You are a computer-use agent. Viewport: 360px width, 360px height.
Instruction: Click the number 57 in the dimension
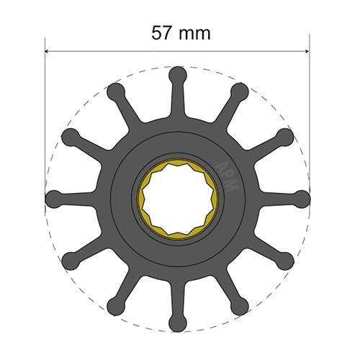coord(163,33)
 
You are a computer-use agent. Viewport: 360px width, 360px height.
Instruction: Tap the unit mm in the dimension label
coord(195,33)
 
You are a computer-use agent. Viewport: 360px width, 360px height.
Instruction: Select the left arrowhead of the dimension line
coord(50,52)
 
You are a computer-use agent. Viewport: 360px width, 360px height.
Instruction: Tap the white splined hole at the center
coord(177,197)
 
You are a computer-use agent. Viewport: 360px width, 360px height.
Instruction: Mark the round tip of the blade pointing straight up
coord(177,73)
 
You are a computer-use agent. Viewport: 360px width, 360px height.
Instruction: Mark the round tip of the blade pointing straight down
coord(177,322)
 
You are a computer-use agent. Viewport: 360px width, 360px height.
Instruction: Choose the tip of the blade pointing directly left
coord(53,197)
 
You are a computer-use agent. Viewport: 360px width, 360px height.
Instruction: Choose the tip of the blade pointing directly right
coord(302,197)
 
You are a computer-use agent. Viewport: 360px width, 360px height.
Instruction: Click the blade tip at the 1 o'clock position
coord(239,90)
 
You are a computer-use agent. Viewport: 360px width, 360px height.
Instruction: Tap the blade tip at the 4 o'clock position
coord(285,259)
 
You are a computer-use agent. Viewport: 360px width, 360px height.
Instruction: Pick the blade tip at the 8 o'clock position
coord(70,259)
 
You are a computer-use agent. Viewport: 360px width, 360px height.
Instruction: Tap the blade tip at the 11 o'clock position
coord(115,90)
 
